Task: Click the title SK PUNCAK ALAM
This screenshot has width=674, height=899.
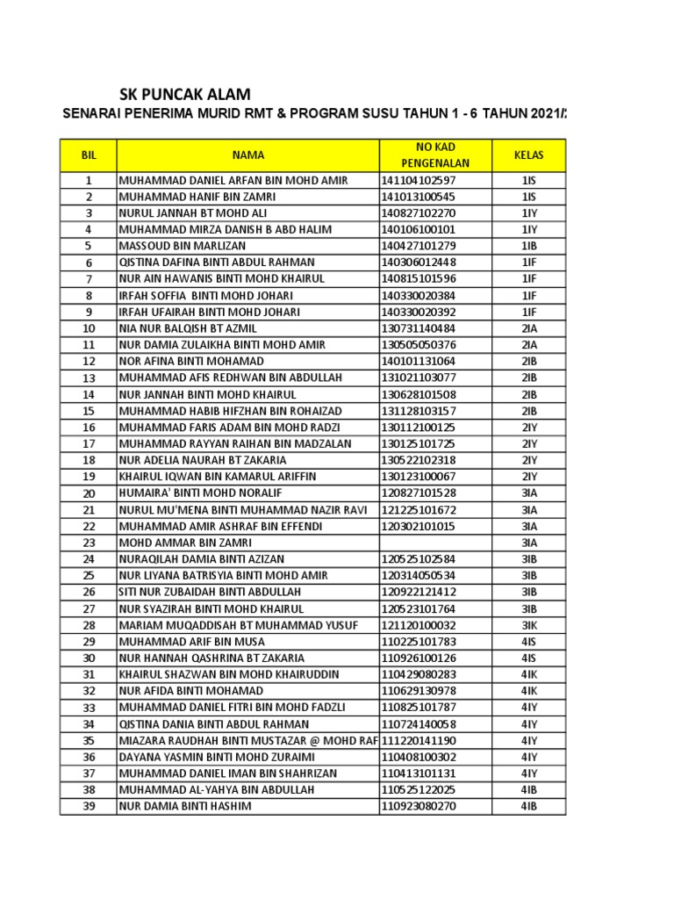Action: click(184, 94)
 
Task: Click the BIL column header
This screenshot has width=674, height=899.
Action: click(88, 155)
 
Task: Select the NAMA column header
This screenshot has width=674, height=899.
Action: click(248, 155)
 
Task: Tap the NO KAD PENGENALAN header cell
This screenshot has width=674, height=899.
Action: click(435, 155)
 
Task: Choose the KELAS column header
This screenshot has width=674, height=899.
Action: click(529, 155)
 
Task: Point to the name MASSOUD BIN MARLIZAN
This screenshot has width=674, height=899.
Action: click(183, 246)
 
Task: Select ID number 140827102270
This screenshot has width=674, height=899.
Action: click(418, 213)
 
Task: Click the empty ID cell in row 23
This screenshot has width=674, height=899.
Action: click(435, 543)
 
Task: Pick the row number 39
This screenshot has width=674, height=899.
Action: click(88, 806)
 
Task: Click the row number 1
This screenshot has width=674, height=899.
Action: click(88, 180)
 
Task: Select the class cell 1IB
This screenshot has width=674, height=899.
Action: click(529, 246)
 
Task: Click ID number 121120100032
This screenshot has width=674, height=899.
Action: click(419, 625)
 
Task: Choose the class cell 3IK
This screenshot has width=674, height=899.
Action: click(529, 625)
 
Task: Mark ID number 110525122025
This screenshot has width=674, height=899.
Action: click(419, 790)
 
